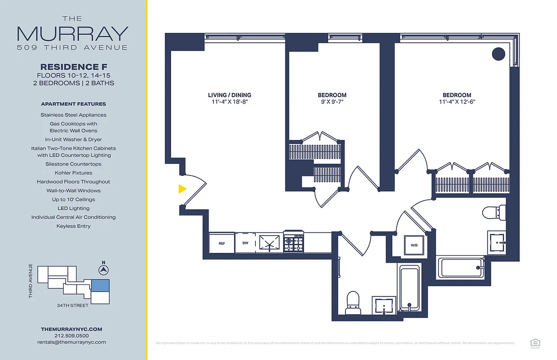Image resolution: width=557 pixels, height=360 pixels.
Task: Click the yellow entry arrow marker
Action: pyautogui.click(x=182, y=189)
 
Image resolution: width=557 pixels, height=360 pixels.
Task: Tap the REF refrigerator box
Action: pyautogui.click(x=222, y=243)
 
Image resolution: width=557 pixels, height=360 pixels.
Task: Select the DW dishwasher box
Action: pyautogui.click(x=245, y=243)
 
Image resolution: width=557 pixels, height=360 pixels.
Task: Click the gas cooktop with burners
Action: pyautogui.click(x=294, y=243)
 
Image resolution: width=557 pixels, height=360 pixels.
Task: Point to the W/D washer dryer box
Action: pyautogui.click(x=414, y=246)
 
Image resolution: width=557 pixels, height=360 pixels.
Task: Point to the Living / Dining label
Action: pyautogui.click(x=230, y=95)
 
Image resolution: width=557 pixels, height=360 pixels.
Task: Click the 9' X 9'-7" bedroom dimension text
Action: pyautogui.click(x=332, y=102)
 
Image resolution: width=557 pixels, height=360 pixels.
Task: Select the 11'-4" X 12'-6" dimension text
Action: pyautogui.click(x=457, y=102)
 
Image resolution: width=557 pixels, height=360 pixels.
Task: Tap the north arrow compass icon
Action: pyautogui.click(x=104, y=270)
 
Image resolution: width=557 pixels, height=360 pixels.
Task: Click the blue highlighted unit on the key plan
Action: pyautogui.click(x=100, y=285)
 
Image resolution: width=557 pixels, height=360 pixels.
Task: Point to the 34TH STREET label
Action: pyautogui.click(x=72, y=306)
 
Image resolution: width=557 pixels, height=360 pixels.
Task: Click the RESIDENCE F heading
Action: pyautogui.click(x=73, y=67)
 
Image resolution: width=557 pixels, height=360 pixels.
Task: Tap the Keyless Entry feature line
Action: pyautogui.click(x=73, y=226)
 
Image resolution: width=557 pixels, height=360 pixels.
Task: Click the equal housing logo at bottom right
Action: pyautogui.click(x=535, y=342)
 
